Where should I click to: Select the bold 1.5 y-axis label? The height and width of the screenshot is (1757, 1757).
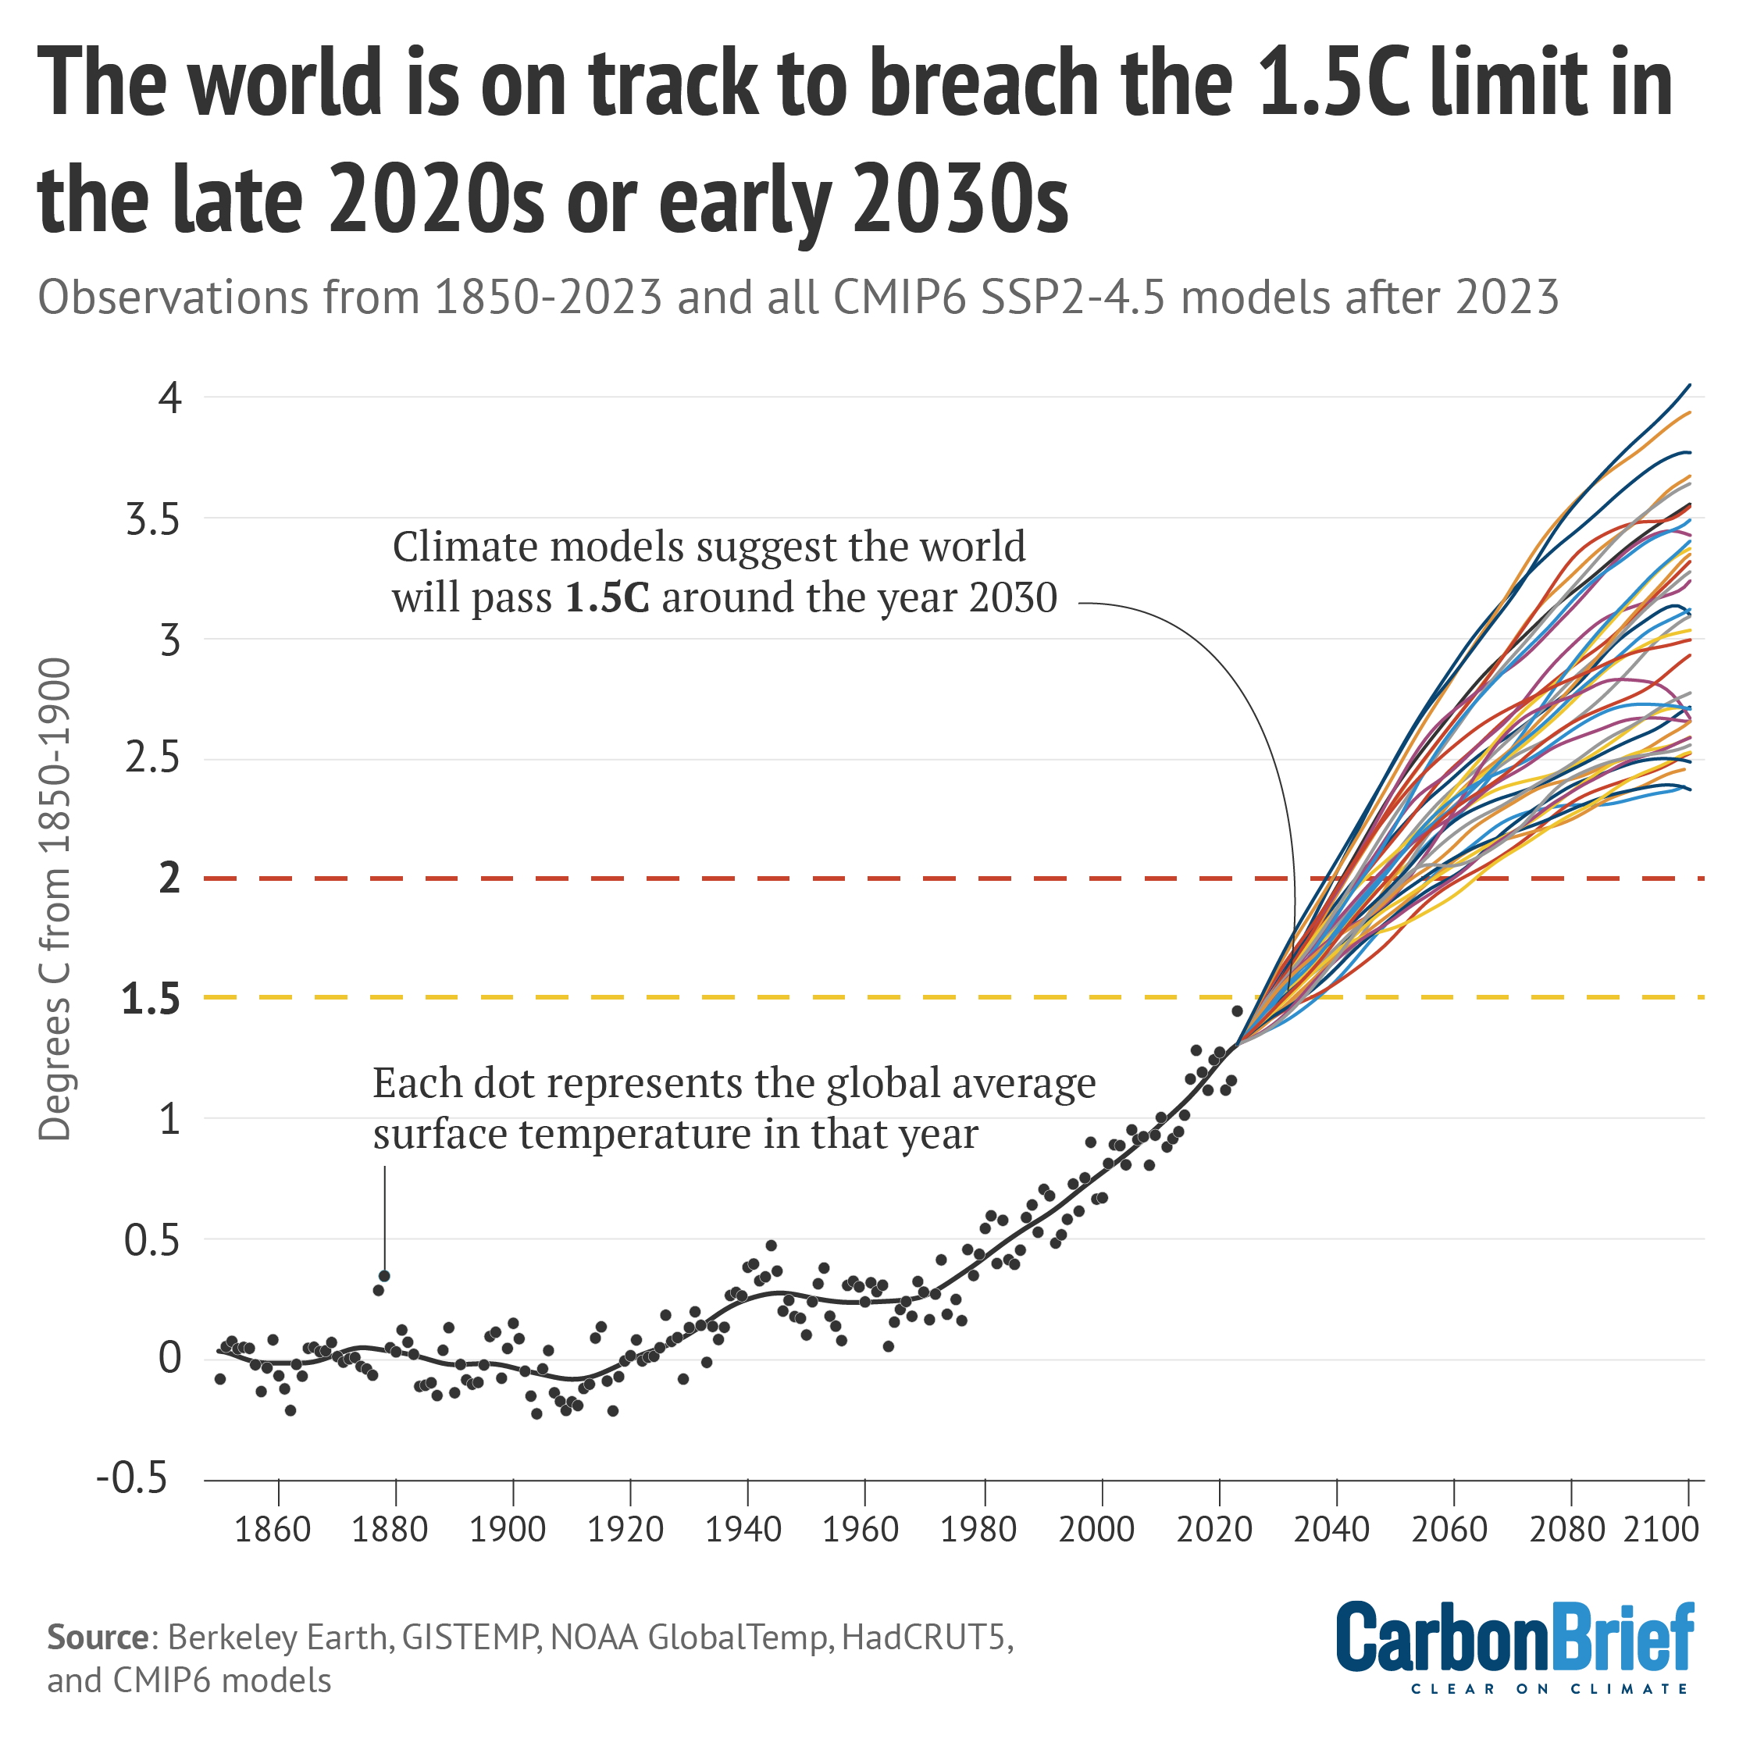coord(151,1000)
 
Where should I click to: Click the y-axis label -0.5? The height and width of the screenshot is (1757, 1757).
coord(133,1480)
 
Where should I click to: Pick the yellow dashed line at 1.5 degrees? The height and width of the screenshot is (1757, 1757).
coord(728,998)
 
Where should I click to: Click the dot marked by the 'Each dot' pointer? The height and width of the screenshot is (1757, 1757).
coord(383,1276)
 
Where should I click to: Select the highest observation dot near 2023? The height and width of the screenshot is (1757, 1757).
coord(1237,1010)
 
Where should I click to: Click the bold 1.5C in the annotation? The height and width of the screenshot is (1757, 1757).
coord(608,598)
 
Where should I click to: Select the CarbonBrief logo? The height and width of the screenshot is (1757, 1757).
coord(1514,1637)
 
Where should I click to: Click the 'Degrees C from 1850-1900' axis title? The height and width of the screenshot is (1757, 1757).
coord(55,900)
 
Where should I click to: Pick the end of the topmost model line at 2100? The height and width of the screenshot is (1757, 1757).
coord(1689,386)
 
